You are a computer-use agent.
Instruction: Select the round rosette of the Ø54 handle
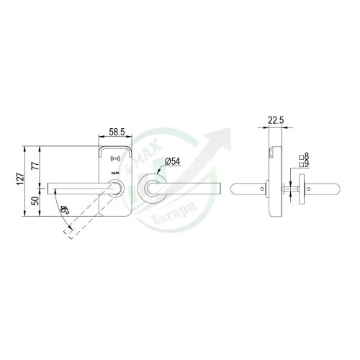(153, 189)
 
